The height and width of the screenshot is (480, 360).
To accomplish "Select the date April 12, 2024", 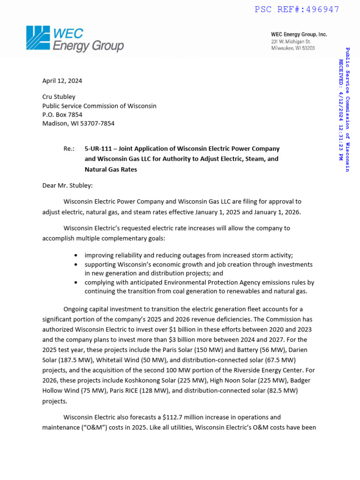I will coord(62,81).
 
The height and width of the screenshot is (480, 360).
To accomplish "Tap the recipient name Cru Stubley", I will coord(59,97).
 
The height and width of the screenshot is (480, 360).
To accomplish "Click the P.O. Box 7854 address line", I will coord(62,114).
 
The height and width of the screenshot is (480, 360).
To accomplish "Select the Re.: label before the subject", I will coord(69,149).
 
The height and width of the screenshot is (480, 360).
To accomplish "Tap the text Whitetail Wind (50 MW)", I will coord(125,360).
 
